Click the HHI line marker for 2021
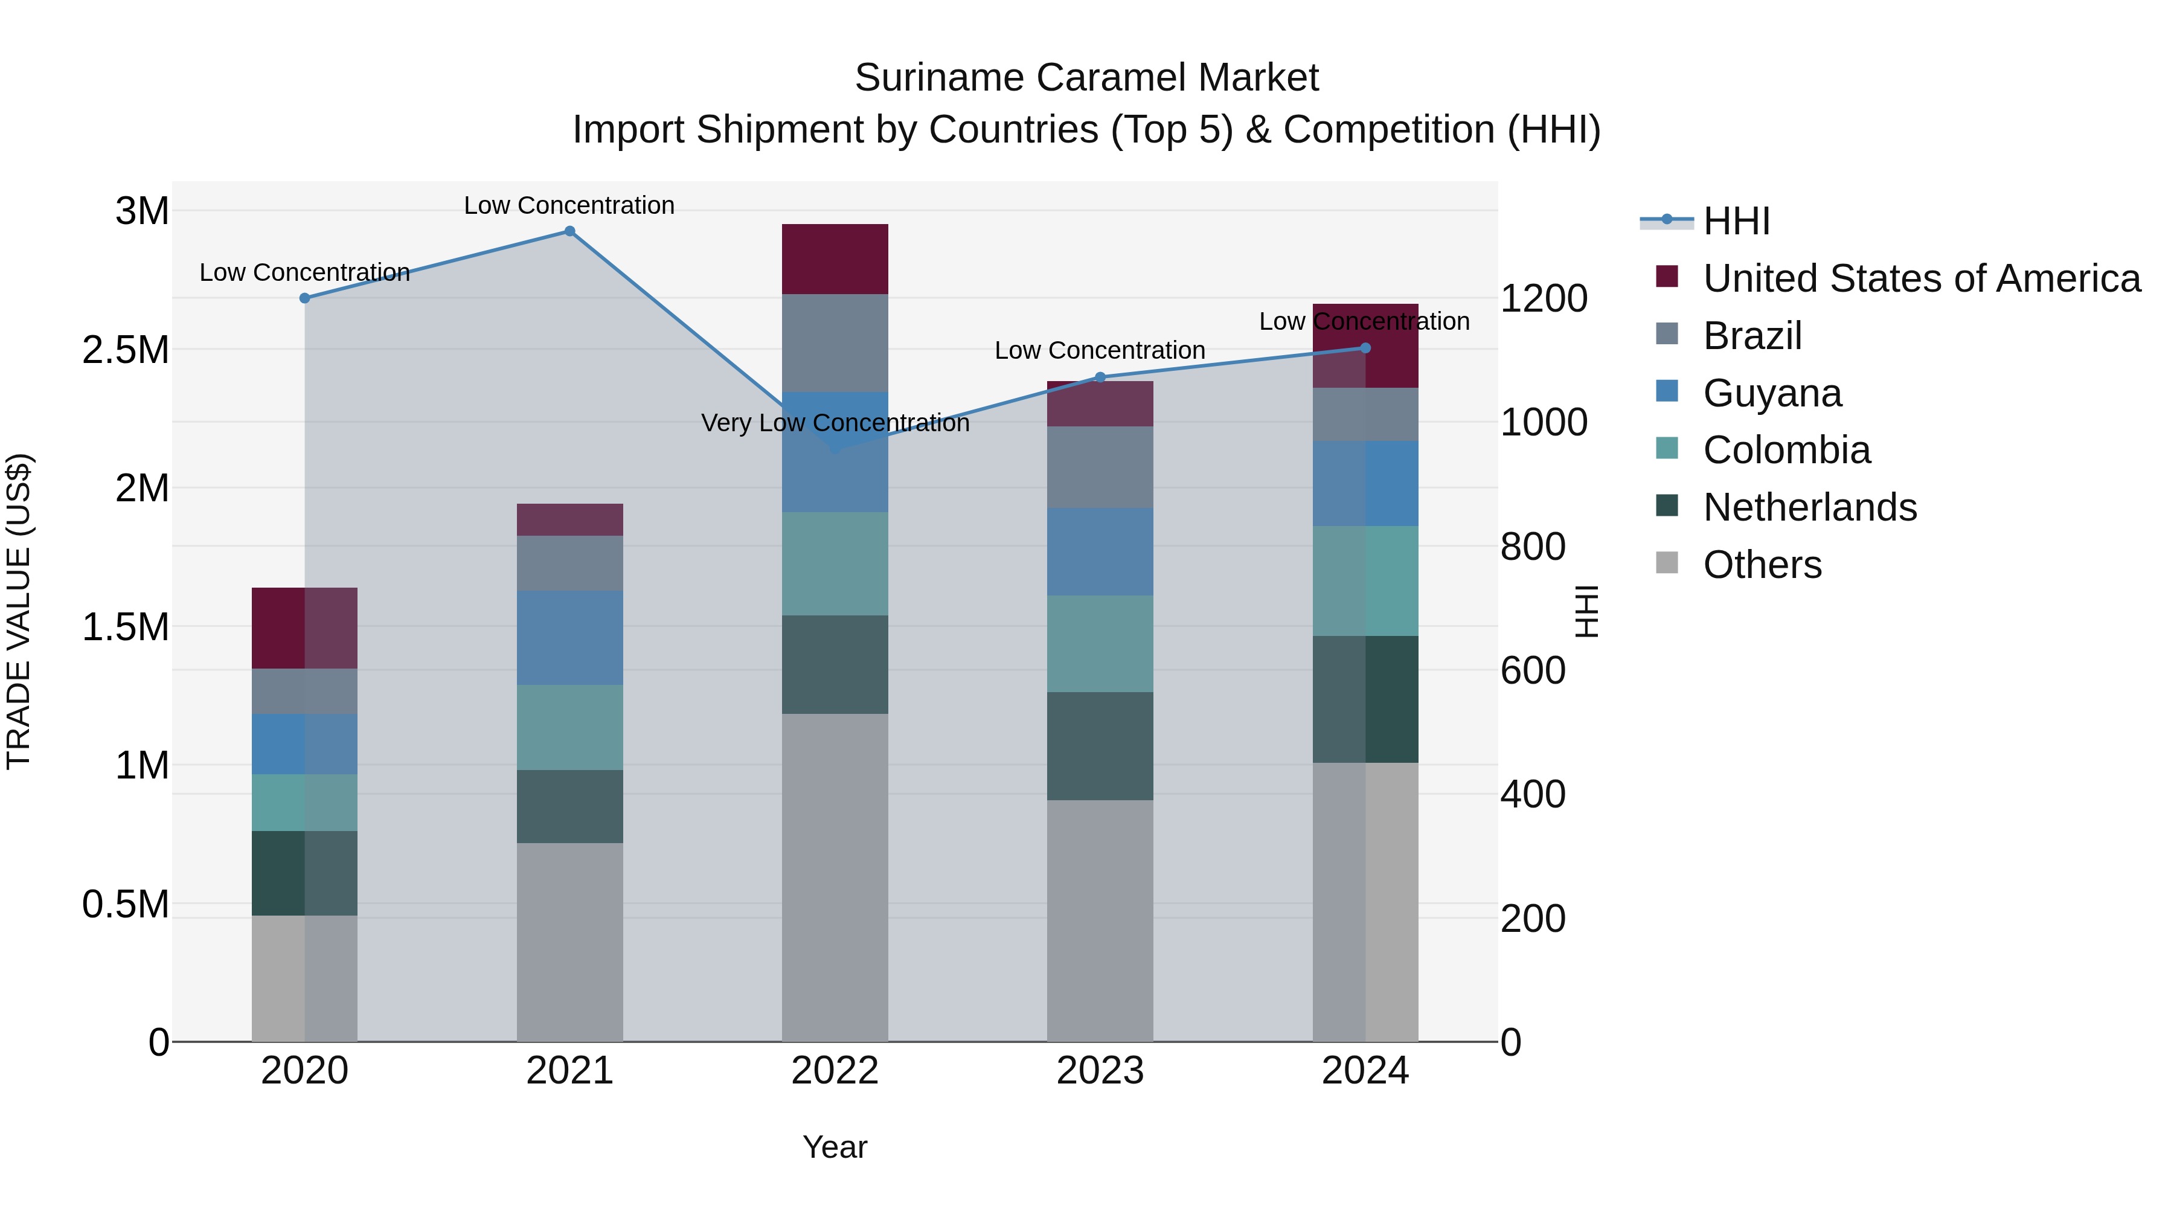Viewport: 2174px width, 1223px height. tap(569, 231)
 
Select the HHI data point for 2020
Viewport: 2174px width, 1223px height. tap(305, 298)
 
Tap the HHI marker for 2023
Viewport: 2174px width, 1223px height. tap(1100, 377)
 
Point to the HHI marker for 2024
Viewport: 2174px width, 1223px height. tap(1365, 348)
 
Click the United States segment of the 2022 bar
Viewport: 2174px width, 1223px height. tap(835, 259)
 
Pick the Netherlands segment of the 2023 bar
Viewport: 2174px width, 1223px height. tap(1100, 746)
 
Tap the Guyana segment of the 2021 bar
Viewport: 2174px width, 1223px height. tap(569, 638)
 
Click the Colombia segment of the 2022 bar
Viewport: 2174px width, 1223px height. tap(835, 564)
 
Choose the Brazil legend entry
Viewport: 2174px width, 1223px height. tap(1752, 336)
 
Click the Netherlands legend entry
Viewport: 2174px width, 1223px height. tap(1809, 507)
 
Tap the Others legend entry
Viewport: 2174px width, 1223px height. tap(1762, 565)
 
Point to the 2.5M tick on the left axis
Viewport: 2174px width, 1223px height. tap(126, 350)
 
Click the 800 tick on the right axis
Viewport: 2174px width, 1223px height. tap(1533, 547)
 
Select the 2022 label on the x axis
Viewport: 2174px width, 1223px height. tap(835, 1071)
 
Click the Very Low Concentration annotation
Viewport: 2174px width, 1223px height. tap(835, 423)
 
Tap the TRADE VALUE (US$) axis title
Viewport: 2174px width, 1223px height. tap(19, 611)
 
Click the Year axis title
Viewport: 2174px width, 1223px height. tap(835, 1147)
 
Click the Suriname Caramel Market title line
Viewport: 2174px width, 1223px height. tap(1086, 78)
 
